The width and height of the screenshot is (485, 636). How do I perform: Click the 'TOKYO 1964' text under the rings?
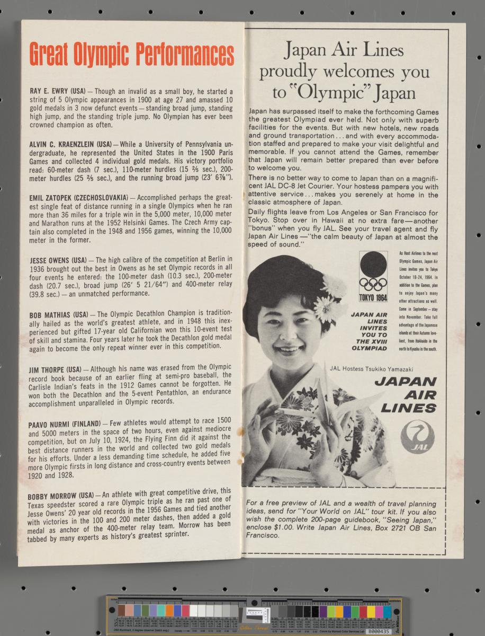coord(373,297)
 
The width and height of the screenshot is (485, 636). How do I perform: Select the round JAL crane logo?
coord(417,436)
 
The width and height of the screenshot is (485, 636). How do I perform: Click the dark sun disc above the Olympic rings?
coord(373,263)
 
